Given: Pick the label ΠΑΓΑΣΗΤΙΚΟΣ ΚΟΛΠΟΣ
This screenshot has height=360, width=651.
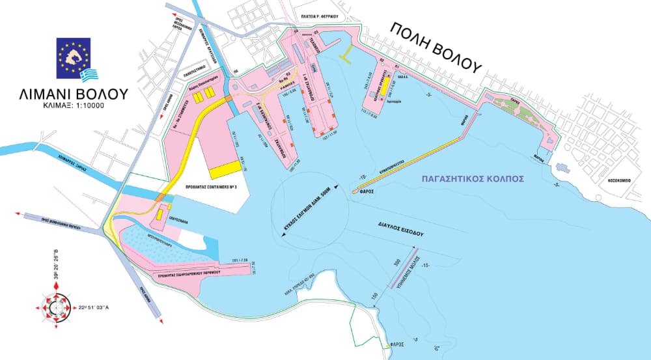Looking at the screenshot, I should pyautogui.click(x=473, y=177).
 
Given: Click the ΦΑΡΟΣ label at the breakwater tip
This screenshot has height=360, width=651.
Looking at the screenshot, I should pyautogui.click(x=365, y=192).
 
